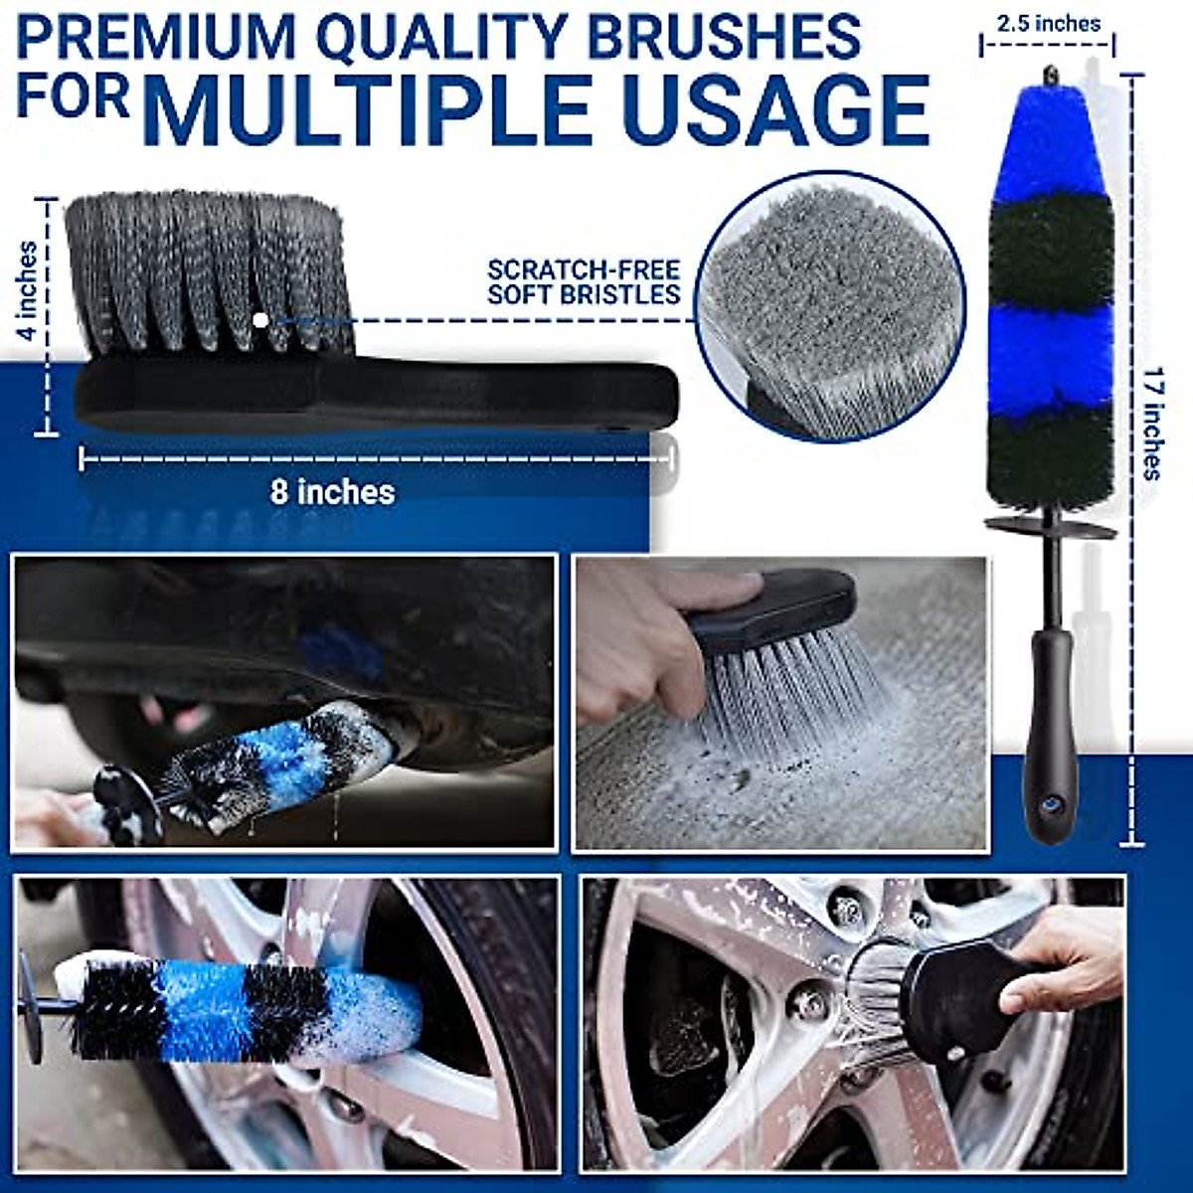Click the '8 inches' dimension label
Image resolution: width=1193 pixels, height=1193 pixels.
[332, 491]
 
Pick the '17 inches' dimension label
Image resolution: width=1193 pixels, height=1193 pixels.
[1151, 424]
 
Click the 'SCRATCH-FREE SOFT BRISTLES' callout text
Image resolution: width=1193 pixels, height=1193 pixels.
[584, 281]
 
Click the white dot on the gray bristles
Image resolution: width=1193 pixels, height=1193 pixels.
[260, 320]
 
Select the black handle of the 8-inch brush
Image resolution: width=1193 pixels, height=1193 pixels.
[378, 396]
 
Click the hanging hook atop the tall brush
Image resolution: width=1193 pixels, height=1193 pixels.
[1049, 76]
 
